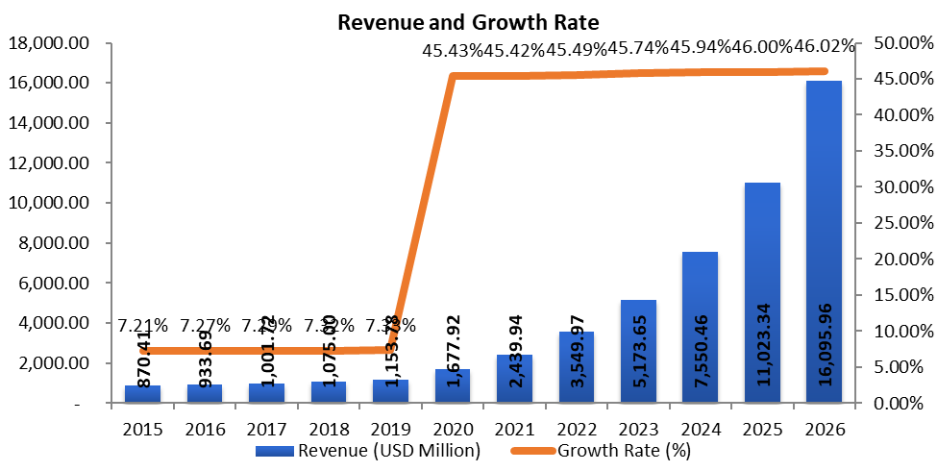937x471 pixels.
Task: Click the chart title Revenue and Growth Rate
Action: (x=467, y=20)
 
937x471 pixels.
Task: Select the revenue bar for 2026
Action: (x=824, y=240)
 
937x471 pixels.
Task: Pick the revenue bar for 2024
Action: (x=701, y=327)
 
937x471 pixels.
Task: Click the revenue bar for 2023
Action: (x=638, y=351)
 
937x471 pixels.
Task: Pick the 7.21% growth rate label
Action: (x=143, y=326)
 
